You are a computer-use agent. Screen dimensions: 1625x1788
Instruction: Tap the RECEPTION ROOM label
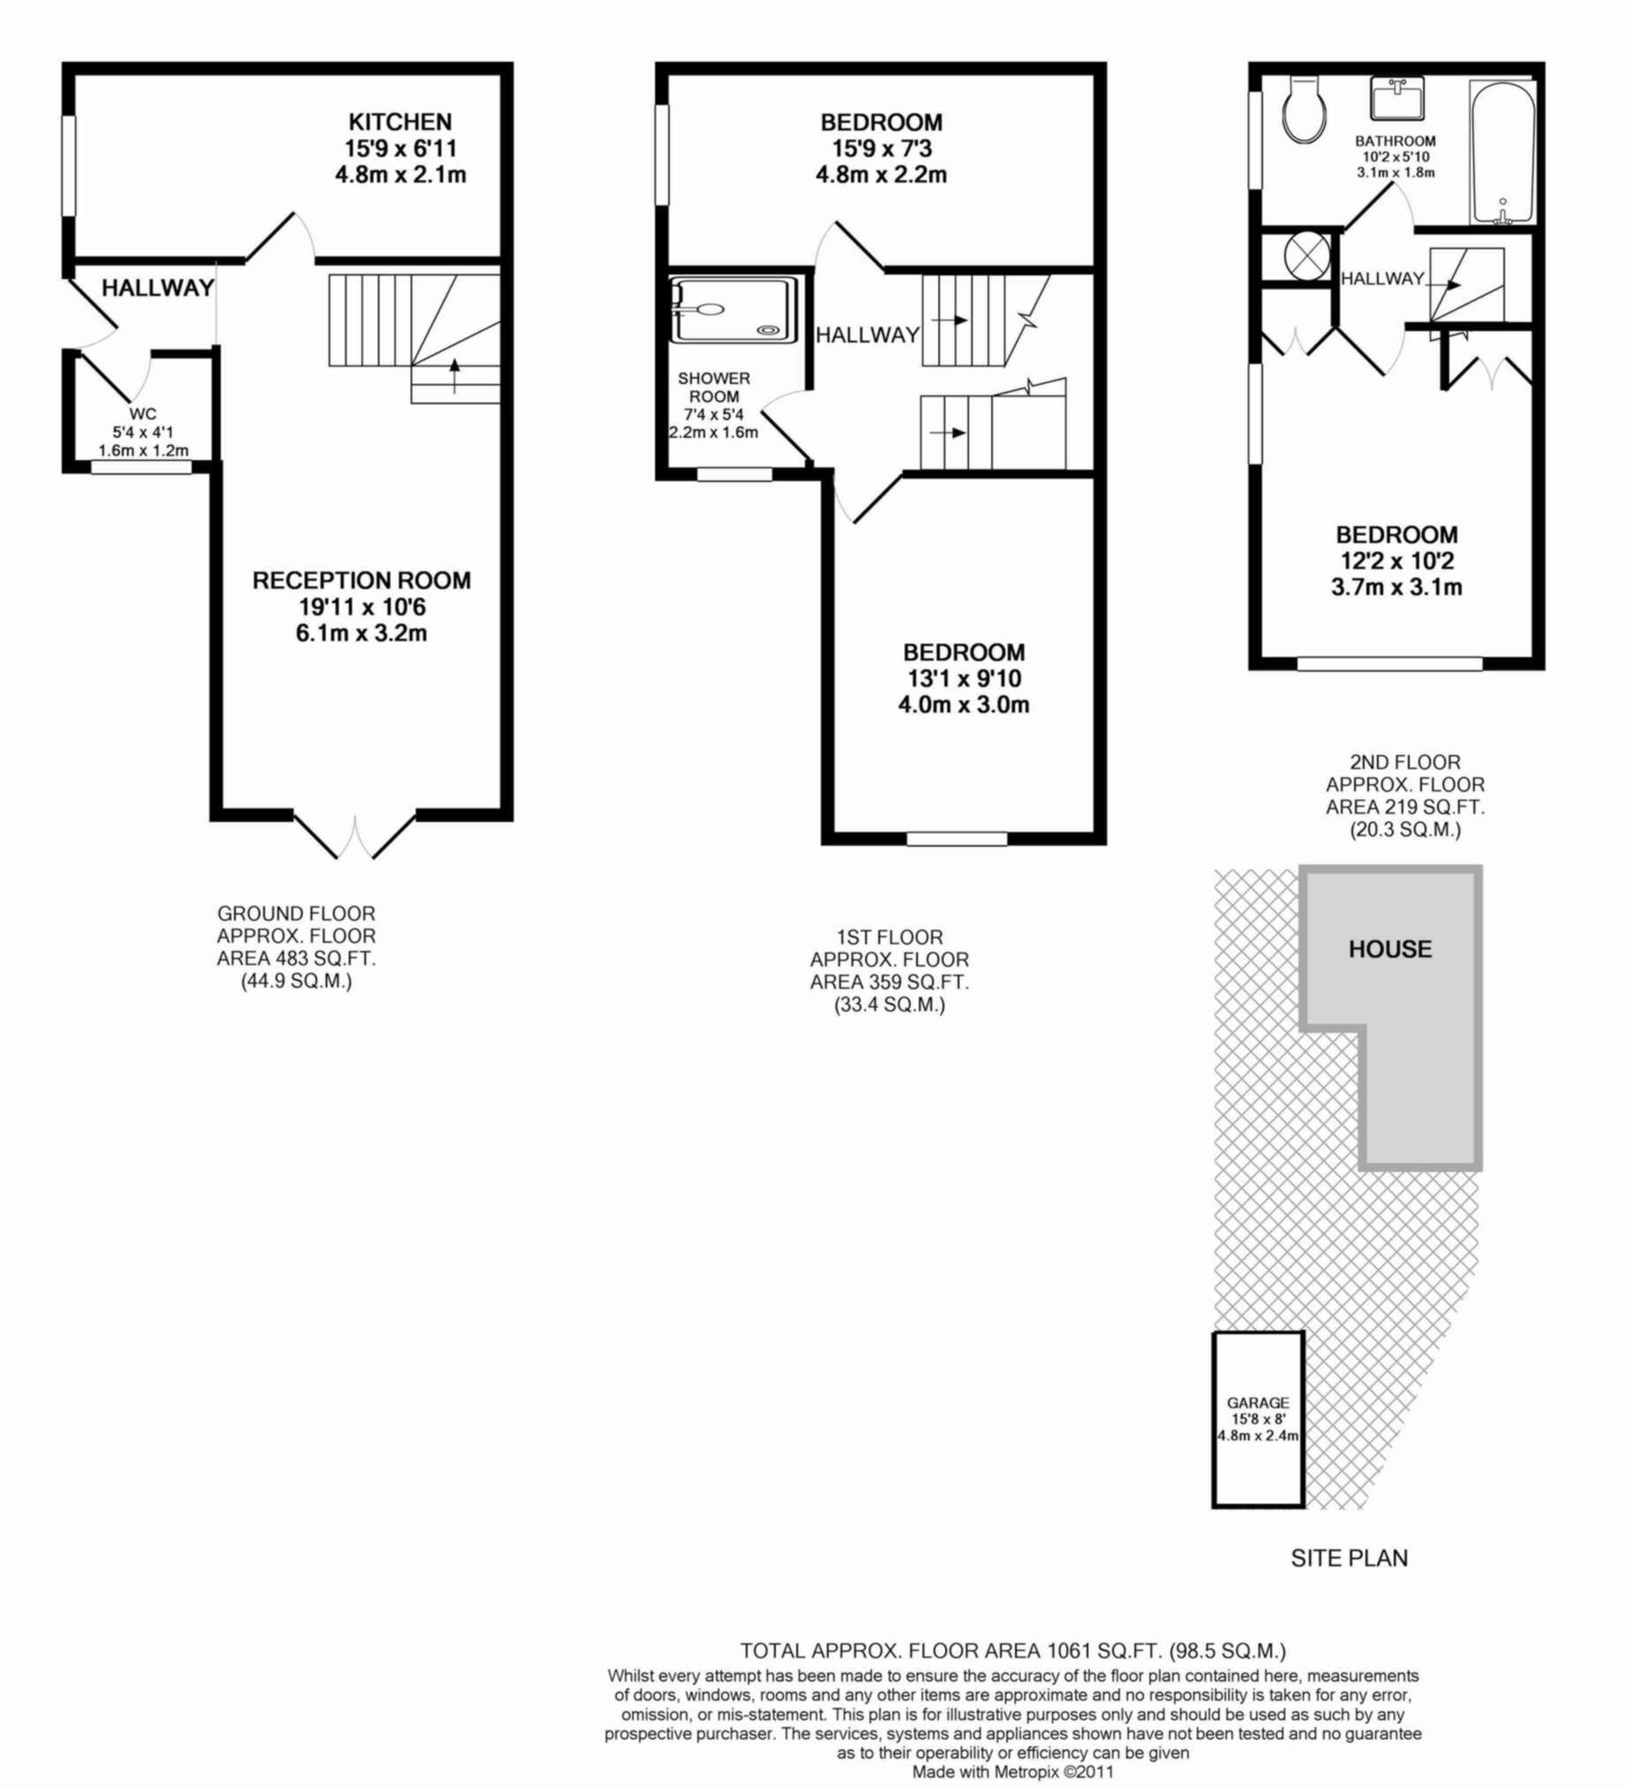coord(362,581)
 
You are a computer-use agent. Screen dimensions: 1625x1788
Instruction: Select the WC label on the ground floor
coord(143,413)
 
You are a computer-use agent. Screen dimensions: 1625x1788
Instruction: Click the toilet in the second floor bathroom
coord(1304,110)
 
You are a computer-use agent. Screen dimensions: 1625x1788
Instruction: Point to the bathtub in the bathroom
coord(1502,153)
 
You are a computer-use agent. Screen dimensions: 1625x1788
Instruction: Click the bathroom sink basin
coord(1397,97)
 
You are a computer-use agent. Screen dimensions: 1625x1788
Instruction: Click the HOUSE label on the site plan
coord(1390,950)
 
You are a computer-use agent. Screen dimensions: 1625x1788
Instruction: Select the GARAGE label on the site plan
coord(1258,1403)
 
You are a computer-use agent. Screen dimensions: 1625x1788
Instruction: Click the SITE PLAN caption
coord(1350,1583)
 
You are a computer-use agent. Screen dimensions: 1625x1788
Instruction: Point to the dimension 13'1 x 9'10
coord(963,679)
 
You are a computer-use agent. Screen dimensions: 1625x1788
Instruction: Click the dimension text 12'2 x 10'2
coord(1396,562)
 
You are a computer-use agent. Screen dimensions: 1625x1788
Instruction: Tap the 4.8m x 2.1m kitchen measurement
coord(401,175)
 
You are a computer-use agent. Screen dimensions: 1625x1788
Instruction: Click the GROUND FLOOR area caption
coord(297,947)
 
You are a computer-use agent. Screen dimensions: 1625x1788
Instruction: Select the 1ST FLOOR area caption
coord(889,971)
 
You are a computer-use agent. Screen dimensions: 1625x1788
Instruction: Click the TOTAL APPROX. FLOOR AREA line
coord(1013,1651)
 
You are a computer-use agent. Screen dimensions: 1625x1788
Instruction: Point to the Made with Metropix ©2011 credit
coord(1012,1772)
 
